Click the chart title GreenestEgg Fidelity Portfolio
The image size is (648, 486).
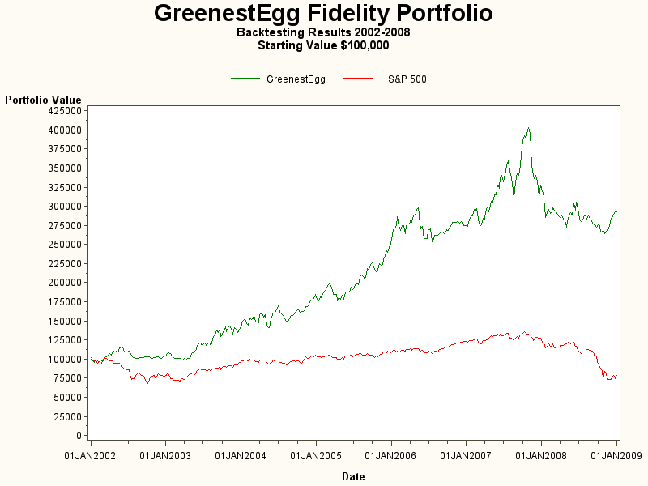(323, 14)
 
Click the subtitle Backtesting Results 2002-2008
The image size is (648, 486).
(323, 33)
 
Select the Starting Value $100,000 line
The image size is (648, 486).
(323, 45)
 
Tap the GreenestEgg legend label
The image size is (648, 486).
(296, 79)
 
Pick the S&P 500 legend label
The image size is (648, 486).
(407, 79)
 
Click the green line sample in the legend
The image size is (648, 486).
(245, 79)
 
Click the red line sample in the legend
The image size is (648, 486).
(359, 79)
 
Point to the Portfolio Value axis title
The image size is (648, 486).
(43, 100)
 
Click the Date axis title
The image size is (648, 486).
(353, 476)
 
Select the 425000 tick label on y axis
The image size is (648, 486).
(64, 110)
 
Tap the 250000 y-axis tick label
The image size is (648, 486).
(64, 244)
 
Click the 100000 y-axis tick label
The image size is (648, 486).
(64, 359)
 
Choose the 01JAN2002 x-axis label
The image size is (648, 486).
(91, 456)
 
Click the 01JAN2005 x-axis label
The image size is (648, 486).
(316, 456)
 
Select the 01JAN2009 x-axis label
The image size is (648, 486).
(616, 456)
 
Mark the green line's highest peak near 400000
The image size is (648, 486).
(528, 128)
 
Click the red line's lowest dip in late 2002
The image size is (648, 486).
(147, 382)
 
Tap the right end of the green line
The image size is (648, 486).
(616, 211)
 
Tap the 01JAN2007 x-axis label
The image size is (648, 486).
(466, 456)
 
